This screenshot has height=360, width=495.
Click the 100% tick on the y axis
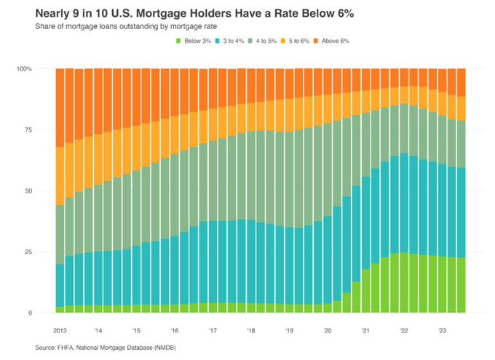[41, 69]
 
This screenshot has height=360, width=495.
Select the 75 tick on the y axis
[45, 130]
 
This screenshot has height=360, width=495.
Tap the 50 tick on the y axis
[45, 191]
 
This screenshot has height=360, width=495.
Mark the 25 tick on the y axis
[45, 252]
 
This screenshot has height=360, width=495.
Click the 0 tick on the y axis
[47, 313]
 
